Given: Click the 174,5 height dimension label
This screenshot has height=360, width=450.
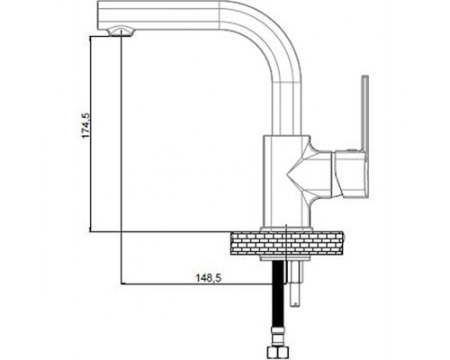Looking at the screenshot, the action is click(85, 125).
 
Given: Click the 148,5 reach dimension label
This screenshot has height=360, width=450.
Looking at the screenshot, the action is click(209, 278).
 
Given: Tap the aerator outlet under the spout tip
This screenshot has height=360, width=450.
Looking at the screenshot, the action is click(121, 31).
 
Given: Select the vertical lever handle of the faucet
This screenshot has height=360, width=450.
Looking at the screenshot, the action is click(364, 113).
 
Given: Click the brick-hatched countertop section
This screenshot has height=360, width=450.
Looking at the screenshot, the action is click(287, 243).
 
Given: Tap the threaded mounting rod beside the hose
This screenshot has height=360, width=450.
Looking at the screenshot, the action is click(295, 283).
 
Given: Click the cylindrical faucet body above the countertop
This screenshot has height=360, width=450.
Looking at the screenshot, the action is click(286, 181).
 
